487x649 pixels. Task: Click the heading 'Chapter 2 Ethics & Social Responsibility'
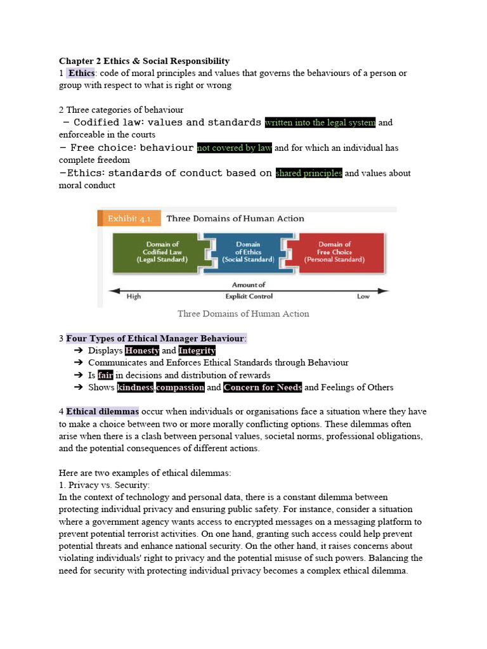(144, 61)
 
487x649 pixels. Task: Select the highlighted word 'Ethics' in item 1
(81, 73)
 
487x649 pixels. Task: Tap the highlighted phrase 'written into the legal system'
(320, 122)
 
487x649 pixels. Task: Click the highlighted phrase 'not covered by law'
(234, 148)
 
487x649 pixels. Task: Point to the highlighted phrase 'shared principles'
(309, 173)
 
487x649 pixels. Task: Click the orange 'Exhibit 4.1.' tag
(128, 219)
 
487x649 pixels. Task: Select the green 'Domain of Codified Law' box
(163, 252)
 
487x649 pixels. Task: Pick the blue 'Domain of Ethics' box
(248, 252)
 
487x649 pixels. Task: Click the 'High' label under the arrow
(134, 297)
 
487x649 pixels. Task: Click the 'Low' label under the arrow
(364, 297)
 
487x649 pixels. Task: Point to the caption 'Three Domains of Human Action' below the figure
(243, 314)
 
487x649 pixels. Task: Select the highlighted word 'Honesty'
(142, 350)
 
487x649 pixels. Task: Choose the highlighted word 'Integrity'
(197, 350)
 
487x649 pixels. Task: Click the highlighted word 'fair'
(105, 375)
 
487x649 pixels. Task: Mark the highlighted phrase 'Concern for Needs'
(263, 387)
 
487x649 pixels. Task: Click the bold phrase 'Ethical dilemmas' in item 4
(102, 411)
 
